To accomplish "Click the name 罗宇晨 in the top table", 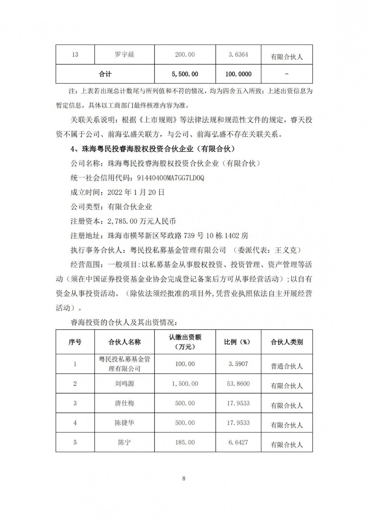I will click(x=124, y=55).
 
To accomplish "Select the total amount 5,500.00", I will click(x=185, y=74).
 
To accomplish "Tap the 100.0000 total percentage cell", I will click(x=238, y=74).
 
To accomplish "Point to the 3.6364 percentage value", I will click(x=238, y=55).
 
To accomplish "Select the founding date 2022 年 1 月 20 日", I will click(x=136, y=192).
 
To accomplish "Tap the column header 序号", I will click(x=75, y=342).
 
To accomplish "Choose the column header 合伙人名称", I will click(x=124, y=342).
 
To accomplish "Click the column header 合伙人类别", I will click(x=287, y=342).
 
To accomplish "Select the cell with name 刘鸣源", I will click(x=124, y=384).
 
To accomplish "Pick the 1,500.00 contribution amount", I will click(x=185, y=384).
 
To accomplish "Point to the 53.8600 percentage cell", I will click(x=238, y=384).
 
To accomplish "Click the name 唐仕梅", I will click(x=124, y=403).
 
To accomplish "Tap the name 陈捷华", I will click(x=124, y=423).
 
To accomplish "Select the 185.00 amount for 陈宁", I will click(x=185, y=443).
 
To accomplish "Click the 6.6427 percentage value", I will click(x=238, y=443).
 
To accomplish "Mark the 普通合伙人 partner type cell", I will click(x=287, y=366).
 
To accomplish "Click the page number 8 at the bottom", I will click(x=184, y=478).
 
